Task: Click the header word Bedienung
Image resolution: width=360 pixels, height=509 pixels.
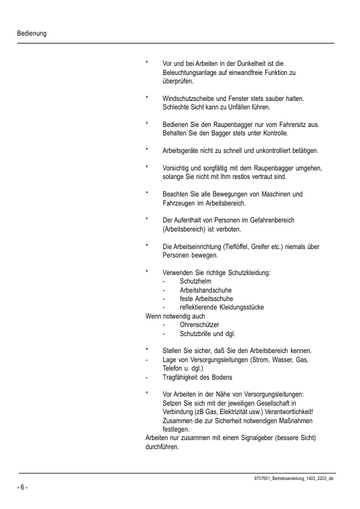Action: (x=32, y=33)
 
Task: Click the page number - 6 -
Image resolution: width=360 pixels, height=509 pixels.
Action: (x=22, y=487)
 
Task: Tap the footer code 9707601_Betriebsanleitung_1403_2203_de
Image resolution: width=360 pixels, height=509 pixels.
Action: (x=294, y=478)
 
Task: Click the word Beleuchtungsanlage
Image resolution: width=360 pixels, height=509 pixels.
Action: (x=191, y=72)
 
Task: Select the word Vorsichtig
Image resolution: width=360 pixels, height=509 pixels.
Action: (x=177, y=167)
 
